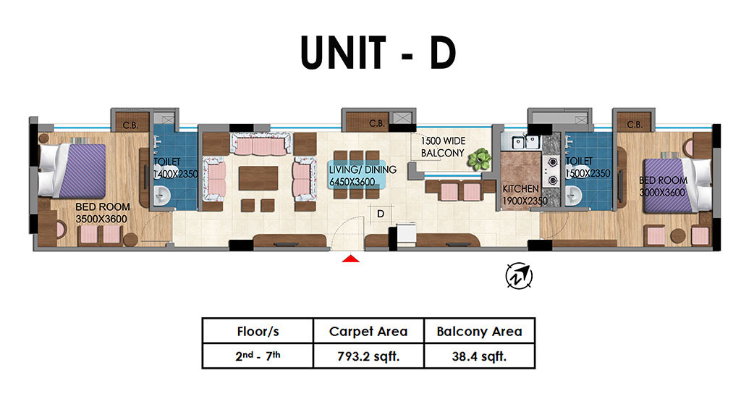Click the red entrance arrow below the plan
(x=351, y=259)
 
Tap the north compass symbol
(x=519, y=276)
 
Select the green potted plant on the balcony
(x=479, y=159)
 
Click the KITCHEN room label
(x=521, y=188)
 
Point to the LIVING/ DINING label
(x=363, y=169)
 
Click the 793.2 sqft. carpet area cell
(x=368, y=356)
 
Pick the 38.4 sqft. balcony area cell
(x=479, y=356)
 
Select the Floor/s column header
(x=258, y=331)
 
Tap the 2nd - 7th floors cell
(x=258, y=356)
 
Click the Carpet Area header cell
(x=368, y=331)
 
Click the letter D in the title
(x=443, y=52)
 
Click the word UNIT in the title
(x=343, y=52)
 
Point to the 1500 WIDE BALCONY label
(x=443, y=147)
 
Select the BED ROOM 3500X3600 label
(x=102, y=213)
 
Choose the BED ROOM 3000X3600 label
(x=663, y=186)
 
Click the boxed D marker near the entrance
(x=381, y=214)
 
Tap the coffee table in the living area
(x=258, y=178)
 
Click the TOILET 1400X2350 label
(x=175, y=168)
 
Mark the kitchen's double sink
(x=525, y=141)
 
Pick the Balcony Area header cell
(x=479, y=331)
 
